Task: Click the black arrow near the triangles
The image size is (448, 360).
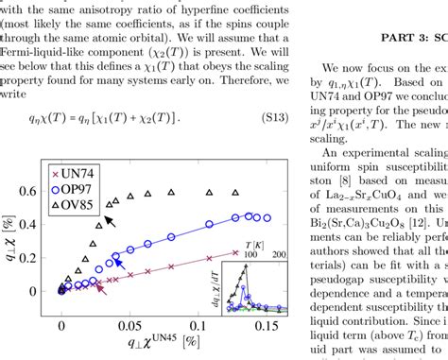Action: [x=112, y=222]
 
